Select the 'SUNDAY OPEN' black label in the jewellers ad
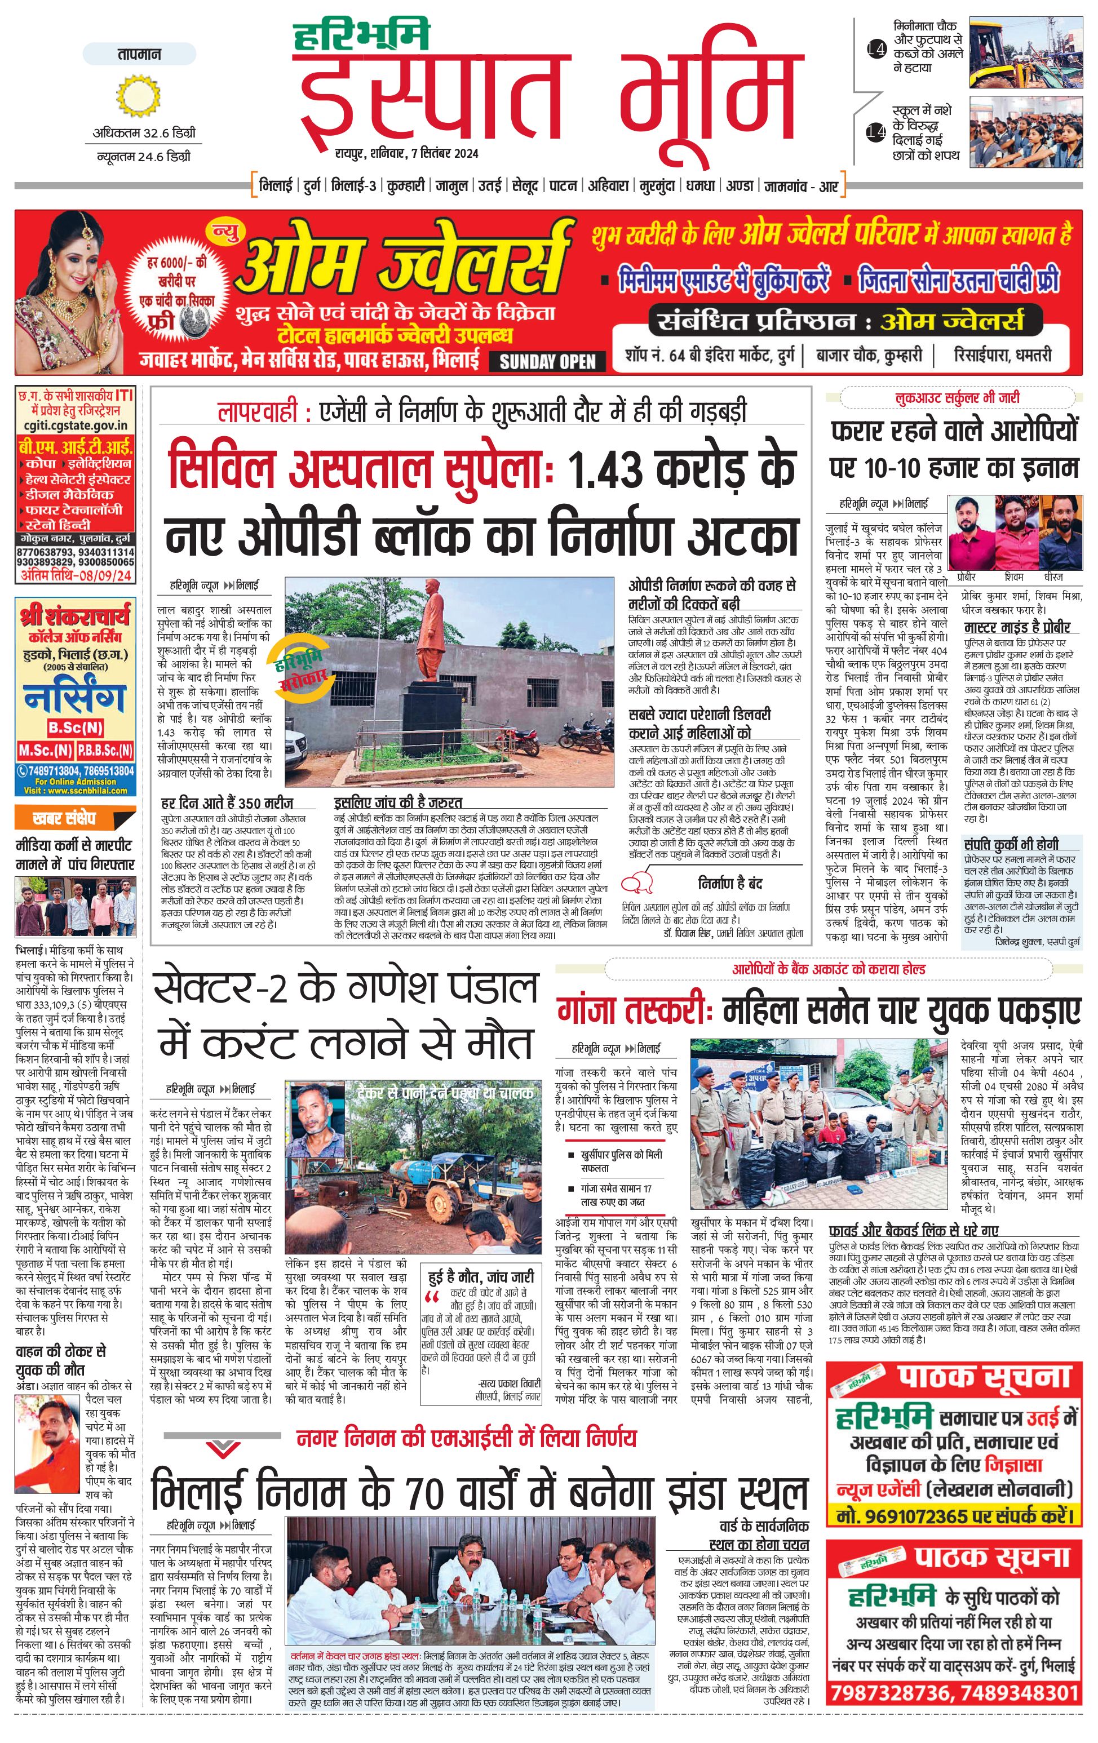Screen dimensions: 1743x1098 click(x=548, y=362)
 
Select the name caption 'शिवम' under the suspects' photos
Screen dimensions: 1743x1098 click(x=1013, y=578)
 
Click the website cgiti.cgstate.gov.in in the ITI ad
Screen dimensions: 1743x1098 click(x=76, y=427)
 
